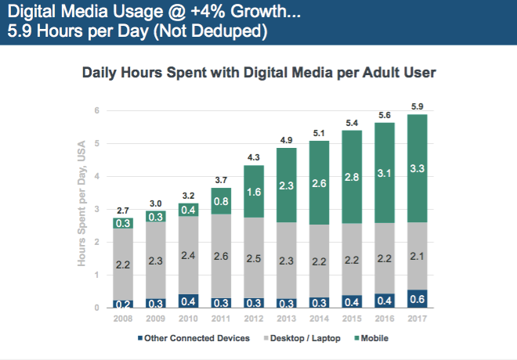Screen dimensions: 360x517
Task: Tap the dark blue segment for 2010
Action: pos(187,301)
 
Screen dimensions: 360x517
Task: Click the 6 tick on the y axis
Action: pos(97,111)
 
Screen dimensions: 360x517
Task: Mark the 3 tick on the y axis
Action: pos(97,210)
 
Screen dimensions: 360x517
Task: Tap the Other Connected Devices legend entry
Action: pos(197,338)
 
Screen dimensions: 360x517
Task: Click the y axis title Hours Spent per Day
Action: pos(80,203)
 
